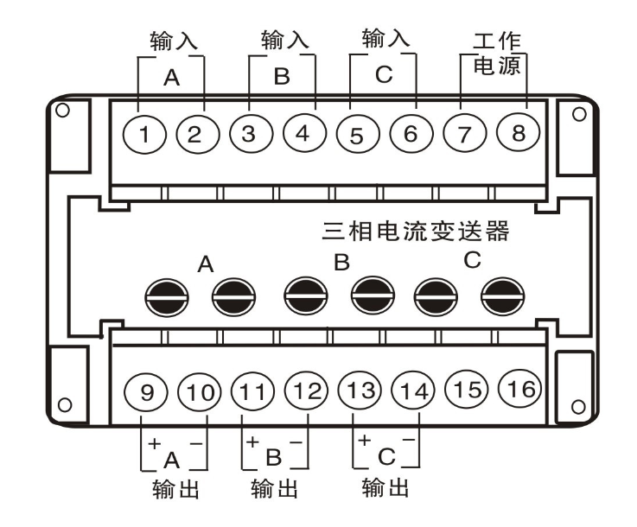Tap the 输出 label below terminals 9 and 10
pyautogui.click(x=175, y=490)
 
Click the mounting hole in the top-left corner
pyautogui.click(x=61, y=111)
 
